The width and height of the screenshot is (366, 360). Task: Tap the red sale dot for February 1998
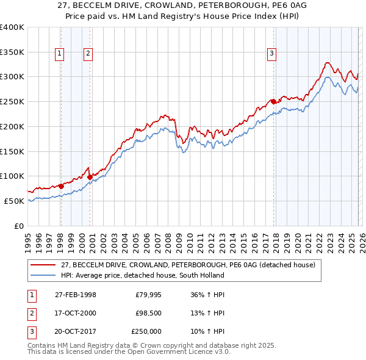click(x=61, y=186)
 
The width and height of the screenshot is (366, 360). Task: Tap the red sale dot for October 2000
click(x=90, y=177)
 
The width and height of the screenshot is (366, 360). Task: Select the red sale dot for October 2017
click(x=273, y=101)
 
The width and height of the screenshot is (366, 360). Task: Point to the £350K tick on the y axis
click(x=12, y=52)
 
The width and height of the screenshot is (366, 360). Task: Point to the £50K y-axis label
click(x=14, y=201)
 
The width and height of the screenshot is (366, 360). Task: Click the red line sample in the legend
click(x=44, y=265)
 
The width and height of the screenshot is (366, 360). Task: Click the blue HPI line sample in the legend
click(x=44, y=275)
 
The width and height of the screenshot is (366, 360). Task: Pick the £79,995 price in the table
click(x=148, y=294)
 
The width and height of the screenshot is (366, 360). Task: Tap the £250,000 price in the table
click(x=146, y=331)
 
